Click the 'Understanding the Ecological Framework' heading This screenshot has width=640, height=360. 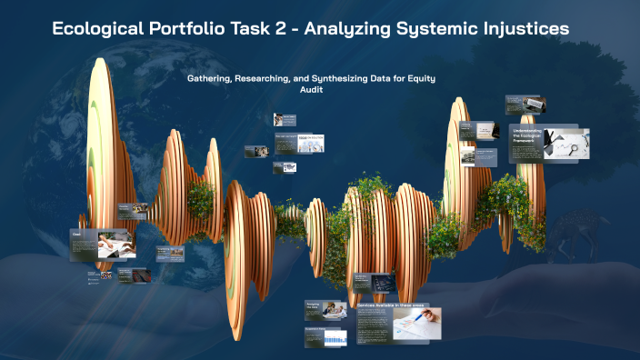coord(532,135)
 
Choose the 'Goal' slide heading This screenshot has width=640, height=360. coord(77,234)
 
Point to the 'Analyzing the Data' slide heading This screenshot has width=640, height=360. coord(314,306)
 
